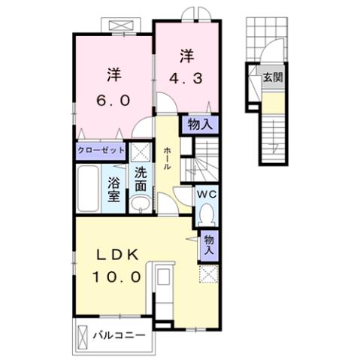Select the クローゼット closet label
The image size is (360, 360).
pyautogui.click(x=100, y=150)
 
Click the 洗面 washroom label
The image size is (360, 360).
pyautogui.click(x=140, y=177)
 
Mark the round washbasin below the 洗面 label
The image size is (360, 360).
pyautogui.click(x=140, y=204)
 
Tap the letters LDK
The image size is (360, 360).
pyautogui.click(x=116, y=256)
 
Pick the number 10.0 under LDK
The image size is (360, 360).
pyautogui.click(x=116, y=277)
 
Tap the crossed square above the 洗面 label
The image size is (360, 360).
pyautogui.click(x=139, y=152)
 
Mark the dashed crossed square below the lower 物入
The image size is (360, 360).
pyautogui.click(x=207, y=274)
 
